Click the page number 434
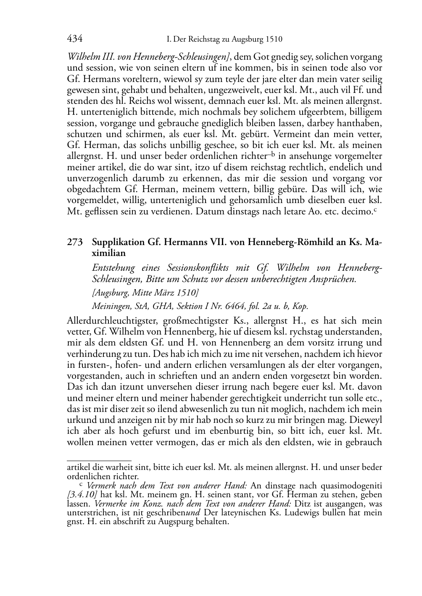[x=74, y=39]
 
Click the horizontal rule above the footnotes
[x=99, y=461]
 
